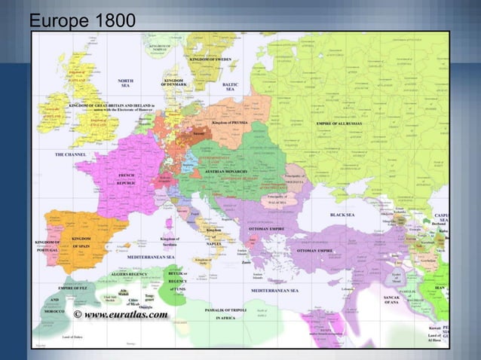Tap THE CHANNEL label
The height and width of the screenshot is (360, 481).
pyautogui.click(x=70, y=154)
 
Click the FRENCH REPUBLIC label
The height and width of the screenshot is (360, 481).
pyautogui.click(x=125, y=178)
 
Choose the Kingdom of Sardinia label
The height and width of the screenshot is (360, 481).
pyautogui.click(x=170, y=242)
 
